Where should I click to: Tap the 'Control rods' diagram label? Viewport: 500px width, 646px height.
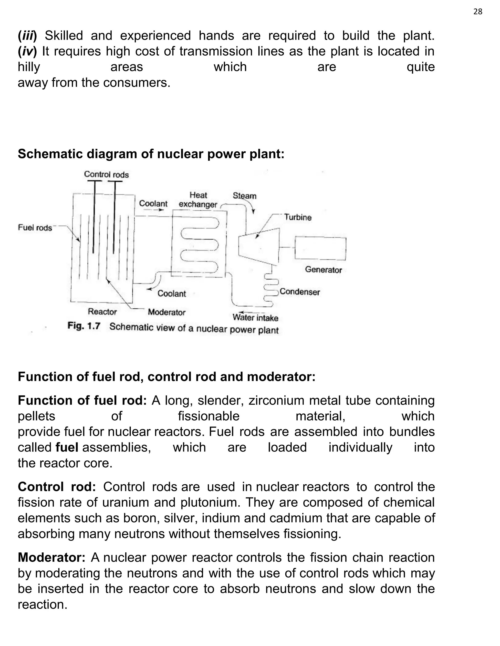(106, 175)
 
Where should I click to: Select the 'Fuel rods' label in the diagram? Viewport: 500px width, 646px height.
(35, 227)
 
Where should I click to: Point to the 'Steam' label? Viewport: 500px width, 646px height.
(244, 196)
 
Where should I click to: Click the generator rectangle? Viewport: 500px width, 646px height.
(320, 248)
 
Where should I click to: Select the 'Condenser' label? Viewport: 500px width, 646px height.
(300, 292)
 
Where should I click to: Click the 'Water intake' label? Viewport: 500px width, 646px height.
(255, 318)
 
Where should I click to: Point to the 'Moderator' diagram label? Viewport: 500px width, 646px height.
(167, 312)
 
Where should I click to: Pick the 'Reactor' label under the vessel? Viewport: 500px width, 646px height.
(103, 312)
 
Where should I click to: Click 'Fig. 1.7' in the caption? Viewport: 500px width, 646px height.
(84, 326)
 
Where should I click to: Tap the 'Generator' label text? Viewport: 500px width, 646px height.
(323, 270)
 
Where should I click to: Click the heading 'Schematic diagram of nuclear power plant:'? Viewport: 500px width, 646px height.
(151, 154)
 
